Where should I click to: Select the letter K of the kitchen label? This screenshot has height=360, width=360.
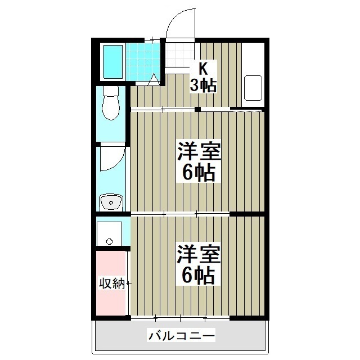(x=202, y=69)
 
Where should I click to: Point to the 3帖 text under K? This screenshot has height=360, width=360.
(x=202, y=86)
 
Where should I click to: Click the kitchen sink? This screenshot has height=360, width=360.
(x=254, y=88)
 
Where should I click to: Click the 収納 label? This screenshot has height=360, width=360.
(x=111, y=283)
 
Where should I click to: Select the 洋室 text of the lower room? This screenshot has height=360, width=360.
(x=198, y=254)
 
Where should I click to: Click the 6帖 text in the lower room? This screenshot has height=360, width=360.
(x=198, y=275)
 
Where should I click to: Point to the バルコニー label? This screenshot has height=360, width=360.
(x=181, y=336)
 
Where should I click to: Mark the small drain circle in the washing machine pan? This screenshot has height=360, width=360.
(x=109, y=241)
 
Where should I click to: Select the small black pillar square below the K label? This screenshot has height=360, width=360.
(x=198, y=109)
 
